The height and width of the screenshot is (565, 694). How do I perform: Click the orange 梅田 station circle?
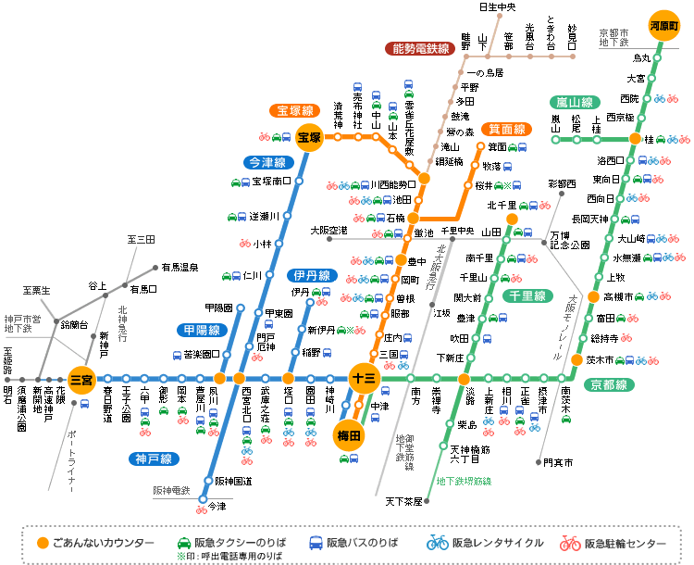(x=350, y=434)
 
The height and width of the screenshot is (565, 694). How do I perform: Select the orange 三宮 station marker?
(x=82, y=378)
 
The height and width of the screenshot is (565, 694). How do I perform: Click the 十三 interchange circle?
(x=362, y=376)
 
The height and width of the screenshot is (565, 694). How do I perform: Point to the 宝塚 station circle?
(x=308, y=138)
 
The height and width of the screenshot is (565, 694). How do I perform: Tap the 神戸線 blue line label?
(x=154, y=458)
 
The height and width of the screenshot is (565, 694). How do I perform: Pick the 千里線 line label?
(x=528, y=295)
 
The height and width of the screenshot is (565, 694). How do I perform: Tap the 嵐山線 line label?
(x=574, y=102)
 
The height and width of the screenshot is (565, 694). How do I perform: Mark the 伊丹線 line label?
(x=311, y=276)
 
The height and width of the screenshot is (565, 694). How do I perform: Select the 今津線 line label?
(x=266, y=162)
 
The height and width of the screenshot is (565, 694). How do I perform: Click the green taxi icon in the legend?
(x=189, y=542)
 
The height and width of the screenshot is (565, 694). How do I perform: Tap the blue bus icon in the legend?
(x=316, y=542)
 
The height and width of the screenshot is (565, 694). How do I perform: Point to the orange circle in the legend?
(x=41, y=542)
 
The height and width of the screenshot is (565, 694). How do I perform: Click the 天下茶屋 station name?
(x=403, y=501)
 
